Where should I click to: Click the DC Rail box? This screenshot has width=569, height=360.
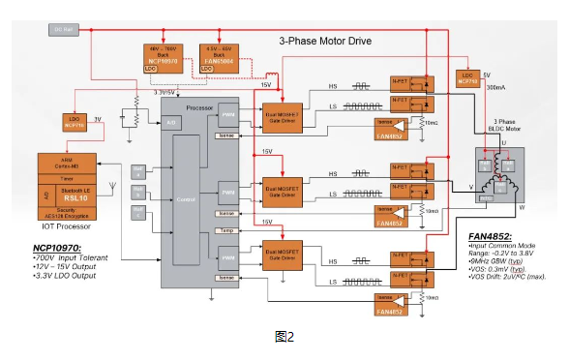(x=62, y=29)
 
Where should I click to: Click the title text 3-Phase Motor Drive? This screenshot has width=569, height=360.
(x=325, y=42)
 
